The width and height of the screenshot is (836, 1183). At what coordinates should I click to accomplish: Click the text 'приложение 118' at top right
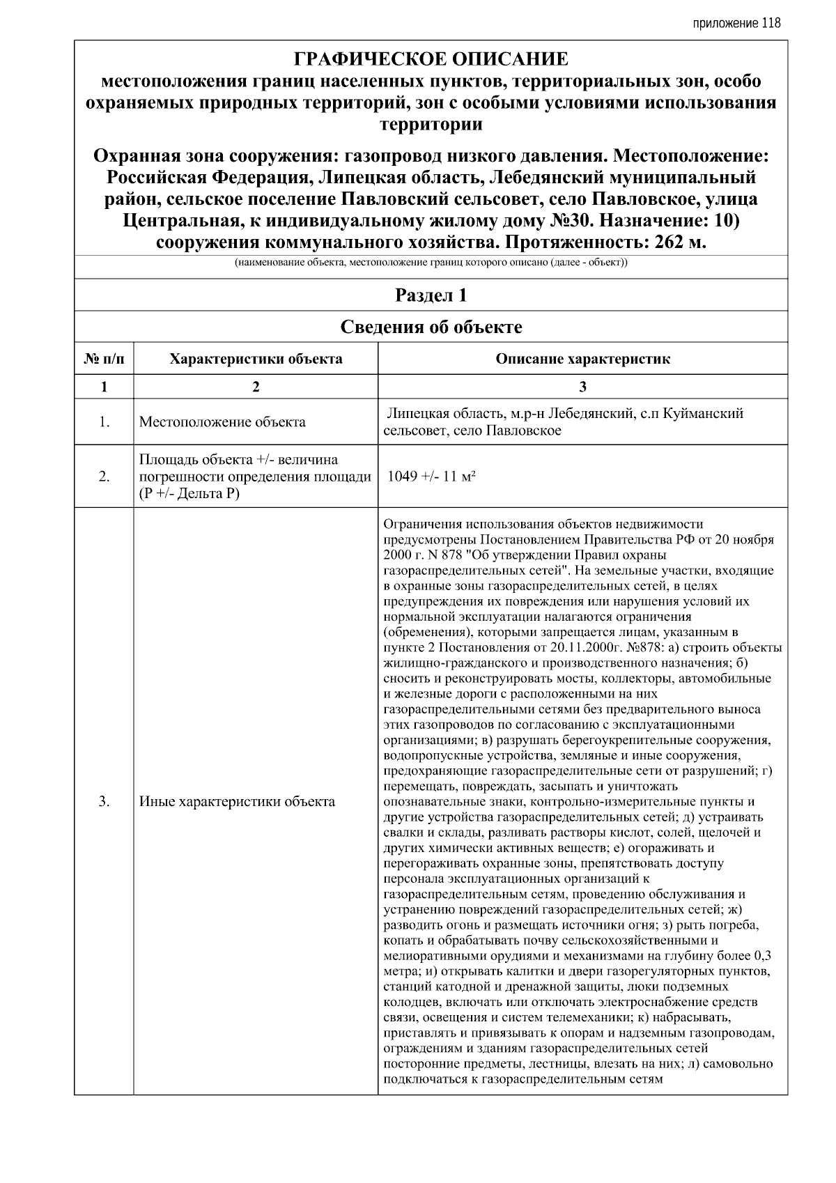736,23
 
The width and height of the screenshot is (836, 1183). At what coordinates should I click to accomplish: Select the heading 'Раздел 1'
431,295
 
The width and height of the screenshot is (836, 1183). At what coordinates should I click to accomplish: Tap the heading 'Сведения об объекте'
431,327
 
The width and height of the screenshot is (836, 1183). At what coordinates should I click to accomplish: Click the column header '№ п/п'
104,359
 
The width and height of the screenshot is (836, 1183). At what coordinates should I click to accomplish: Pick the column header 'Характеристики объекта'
256,359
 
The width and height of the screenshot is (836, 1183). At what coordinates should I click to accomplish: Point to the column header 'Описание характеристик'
582,359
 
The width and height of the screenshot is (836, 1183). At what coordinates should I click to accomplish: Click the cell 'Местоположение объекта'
222,422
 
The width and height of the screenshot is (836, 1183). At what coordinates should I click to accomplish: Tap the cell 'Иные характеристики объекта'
237,801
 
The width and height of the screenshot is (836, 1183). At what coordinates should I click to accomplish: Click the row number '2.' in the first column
104,477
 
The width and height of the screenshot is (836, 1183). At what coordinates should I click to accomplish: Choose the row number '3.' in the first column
104,801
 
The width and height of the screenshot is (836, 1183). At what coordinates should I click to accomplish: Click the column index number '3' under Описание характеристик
582,387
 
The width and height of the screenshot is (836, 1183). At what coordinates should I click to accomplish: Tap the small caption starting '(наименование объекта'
431,263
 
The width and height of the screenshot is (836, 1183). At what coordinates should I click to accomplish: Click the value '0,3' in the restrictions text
762,956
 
